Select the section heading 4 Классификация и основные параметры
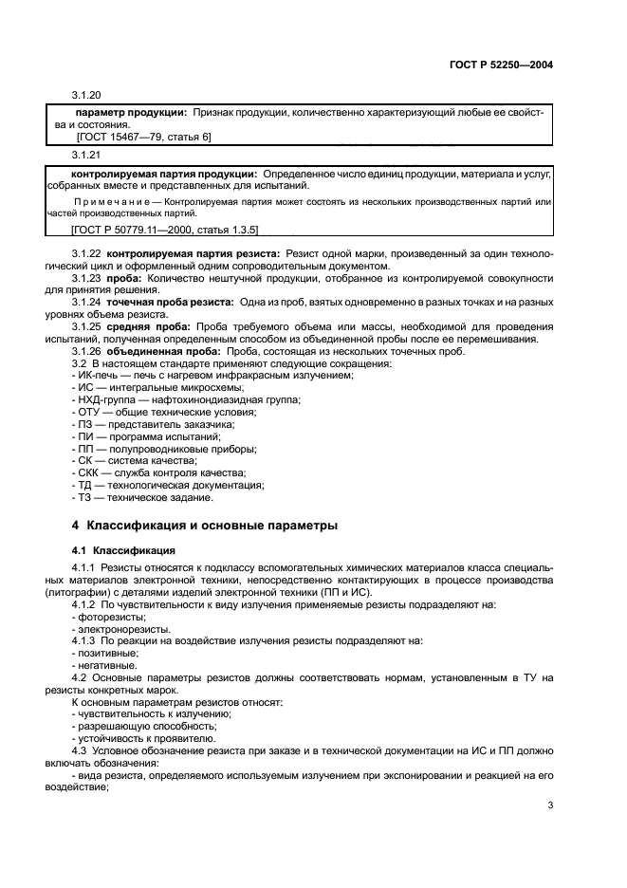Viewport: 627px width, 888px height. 204,525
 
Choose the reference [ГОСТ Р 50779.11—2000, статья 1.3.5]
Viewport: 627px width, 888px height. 151,229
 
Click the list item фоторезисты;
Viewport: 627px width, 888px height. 105,617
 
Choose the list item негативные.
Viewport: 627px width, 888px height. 105,665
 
